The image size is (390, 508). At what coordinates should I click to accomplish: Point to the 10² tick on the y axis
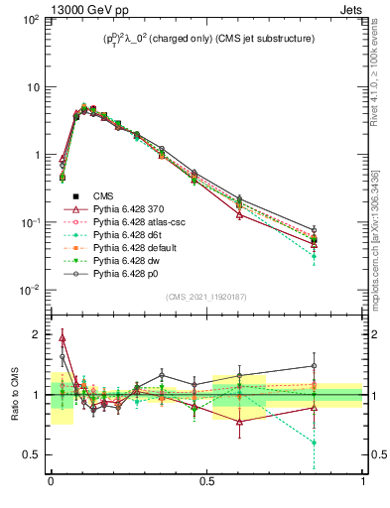click(x=33, y=20)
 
